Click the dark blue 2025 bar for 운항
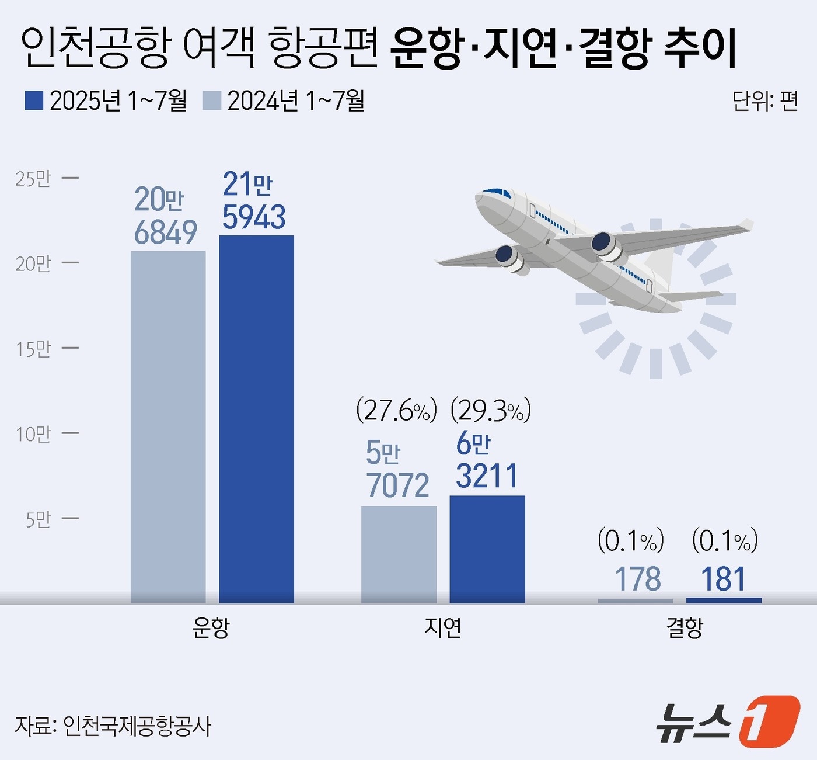coord(256,419)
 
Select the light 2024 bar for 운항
coord(168,426)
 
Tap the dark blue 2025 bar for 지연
coord(487,549)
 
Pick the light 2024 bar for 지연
coord(399,554)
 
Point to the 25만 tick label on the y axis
coord(33,178)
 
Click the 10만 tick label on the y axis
coord(33,434)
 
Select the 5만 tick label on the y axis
coord(38,519)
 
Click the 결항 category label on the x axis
coord(685,628)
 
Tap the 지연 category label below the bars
coord(443,628)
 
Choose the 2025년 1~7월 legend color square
coord(34,100)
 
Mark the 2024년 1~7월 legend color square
coord(212,100)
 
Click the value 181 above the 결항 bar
coord(723,579)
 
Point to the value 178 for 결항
coord(638,579)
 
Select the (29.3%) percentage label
coord(491,411)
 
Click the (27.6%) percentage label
coord(396,411)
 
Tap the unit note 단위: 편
coord(764,101)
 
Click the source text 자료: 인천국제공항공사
coord(113,726)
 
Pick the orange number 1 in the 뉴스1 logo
coord(769,722)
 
